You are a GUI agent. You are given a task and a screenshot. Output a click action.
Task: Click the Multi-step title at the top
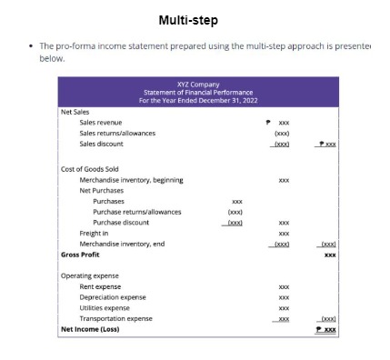[x=188, y=19]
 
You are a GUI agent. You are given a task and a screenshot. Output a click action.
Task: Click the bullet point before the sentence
[x=30, y=46]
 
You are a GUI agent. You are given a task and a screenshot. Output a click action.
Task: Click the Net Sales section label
[x=74, y=111]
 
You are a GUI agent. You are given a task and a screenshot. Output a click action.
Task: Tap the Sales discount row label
[x=101, y=144]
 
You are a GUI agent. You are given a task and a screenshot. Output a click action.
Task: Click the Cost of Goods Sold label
[x=89, y=169]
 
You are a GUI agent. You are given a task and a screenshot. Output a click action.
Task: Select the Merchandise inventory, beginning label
[x=131, y=180]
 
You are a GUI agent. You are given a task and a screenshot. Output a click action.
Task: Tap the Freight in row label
[x=94, y=233]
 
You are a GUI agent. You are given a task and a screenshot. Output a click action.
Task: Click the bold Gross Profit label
[x=79, y=255]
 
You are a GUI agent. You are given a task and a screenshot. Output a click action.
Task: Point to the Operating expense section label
[x=89, y=275]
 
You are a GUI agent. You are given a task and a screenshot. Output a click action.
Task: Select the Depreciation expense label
[x=112, y=297]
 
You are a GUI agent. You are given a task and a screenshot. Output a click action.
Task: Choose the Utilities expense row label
[x=105, y=308]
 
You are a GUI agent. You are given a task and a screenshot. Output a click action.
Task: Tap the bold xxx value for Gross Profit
[x=329, y=255]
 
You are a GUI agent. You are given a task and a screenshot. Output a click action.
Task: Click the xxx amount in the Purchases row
[x=236, y=201]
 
